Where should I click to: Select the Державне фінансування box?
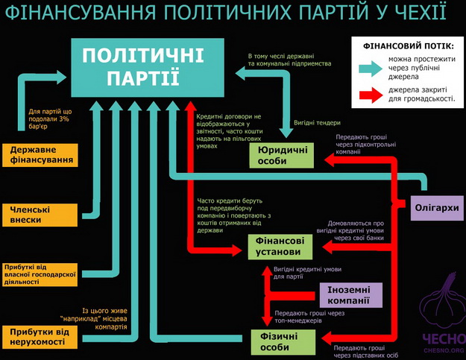point(41,154)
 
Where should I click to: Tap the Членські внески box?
point(41,214)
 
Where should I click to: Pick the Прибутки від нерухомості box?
point(41,336)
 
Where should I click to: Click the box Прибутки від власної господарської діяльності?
point(41,274)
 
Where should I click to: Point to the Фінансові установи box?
point(277,247)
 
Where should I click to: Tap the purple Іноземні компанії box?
point(350,294)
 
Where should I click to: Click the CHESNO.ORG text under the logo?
point(444,350)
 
